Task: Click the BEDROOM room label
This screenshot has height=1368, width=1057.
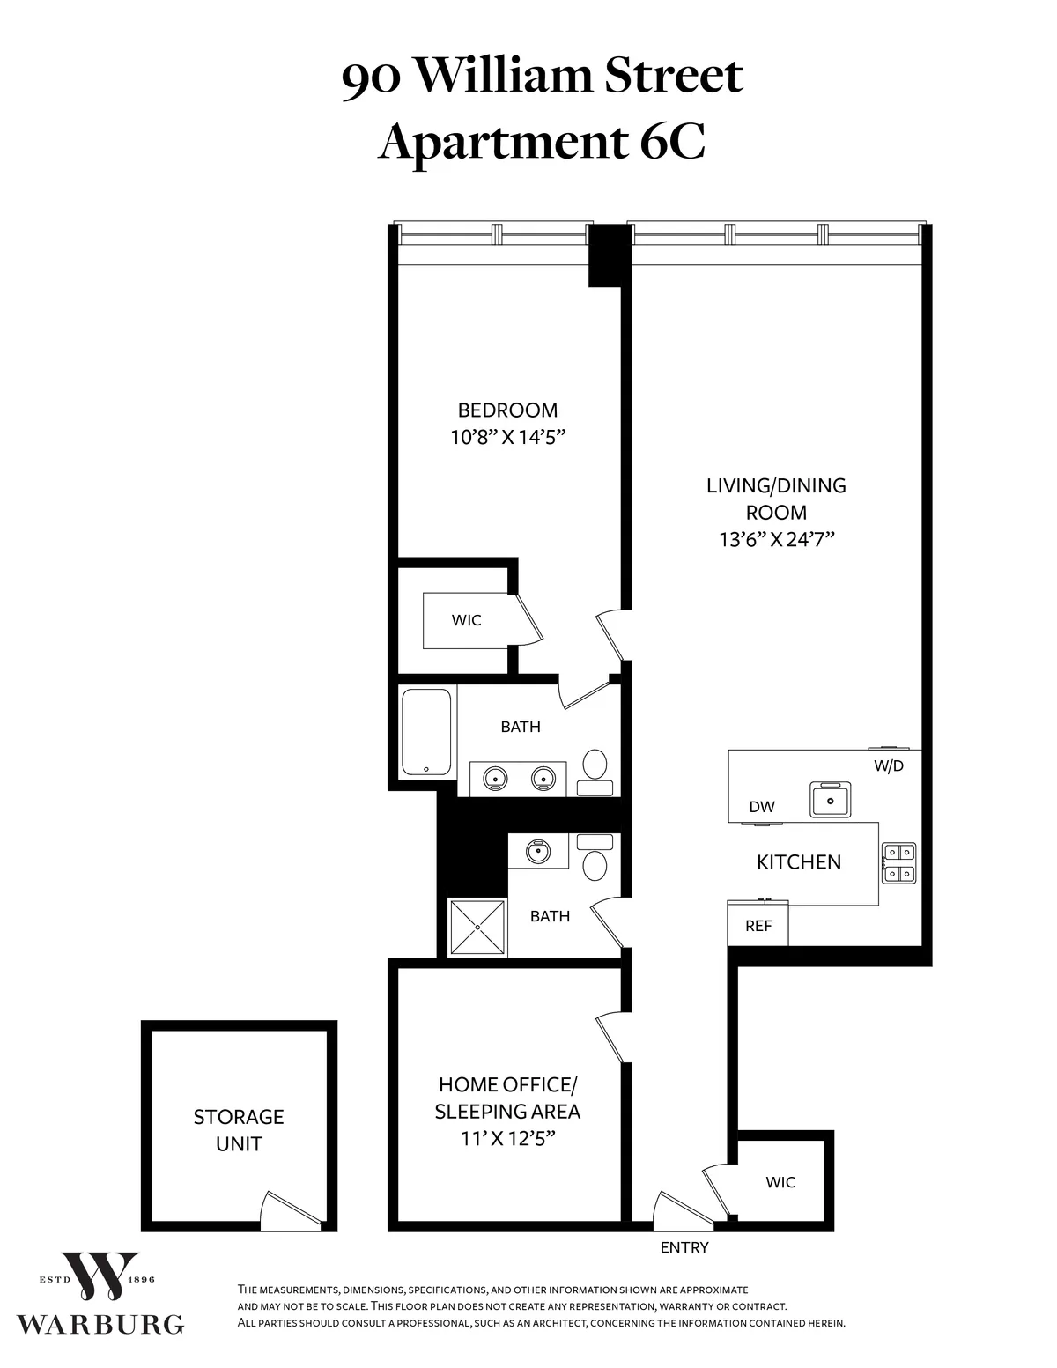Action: tap(507, 410)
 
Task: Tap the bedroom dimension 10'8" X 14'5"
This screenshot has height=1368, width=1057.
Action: tap(507, 437)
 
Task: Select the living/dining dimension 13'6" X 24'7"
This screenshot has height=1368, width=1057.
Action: tap(776, 539)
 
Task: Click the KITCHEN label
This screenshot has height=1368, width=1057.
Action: tap(799, 861)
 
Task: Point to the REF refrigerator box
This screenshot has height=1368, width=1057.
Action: tap(758, 925)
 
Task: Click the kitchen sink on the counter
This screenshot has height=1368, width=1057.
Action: tap(830, 799)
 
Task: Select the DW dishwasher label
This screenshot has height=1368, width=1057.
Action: tap(761, 807)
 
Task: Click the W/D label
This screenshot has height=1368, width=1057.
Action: tap(889, 765)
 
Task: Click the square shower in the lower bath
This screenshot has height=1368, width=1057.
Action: tap(477, 927)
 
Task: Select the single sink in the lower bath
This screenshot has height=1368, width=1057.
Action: tap(537, 851)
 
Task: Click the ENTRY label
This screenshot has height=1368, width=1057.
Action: tap(684, 1247)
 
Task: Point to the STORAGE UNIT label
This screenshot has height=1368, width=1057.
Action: tap(239, 1130)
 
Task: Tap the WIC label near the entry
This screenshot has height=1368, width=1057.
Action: tap(780, 1182)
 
